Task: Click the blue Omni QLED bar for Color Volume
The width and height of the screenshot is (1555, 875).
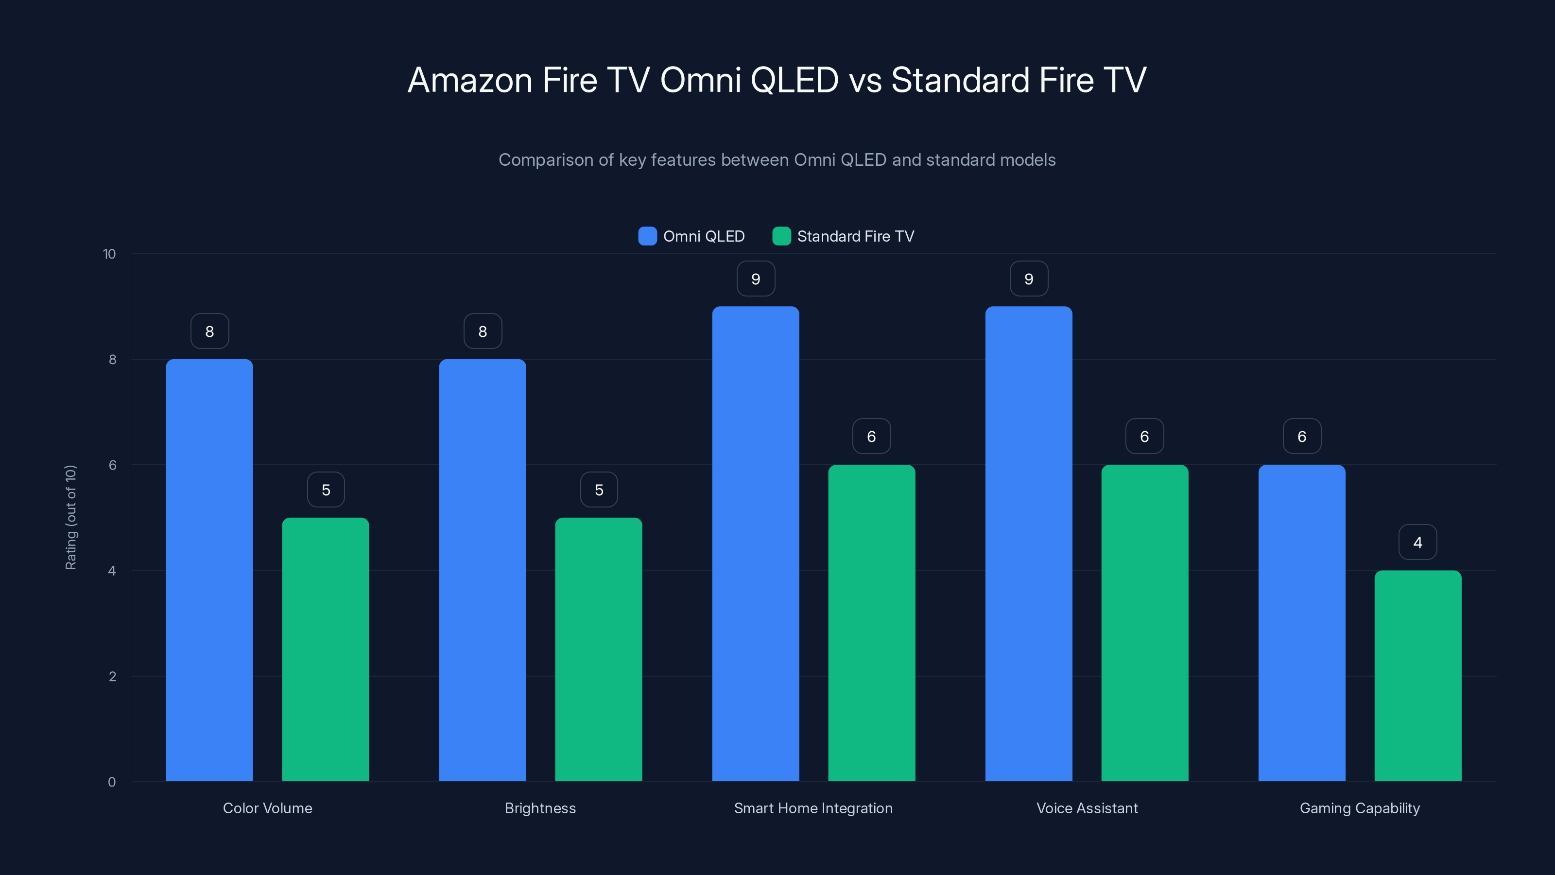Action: coord(209,570)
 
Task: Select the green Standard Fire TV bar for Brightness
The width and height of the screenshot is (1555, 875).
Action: coord(598,649)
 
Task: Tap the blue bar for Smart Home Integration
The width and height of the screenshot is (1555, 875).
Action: coord(755,543)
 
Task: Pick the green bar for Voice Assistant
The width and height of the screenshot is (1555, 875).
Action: coord(1144,623)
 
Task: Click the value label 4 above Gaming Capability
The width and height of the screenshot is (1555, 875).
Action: coord(1417,542)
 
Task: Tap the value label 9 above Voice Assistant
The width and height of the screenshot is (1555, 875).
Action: coord(1029,279)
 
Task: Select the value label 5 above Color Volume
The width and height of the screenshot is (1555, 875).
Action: coord(326,490)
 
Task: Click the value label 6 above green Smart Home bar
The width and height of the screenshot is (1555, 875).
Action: coord(871,437)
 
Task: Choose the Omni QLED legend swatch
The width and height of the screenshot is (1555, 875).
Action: coord(647,236)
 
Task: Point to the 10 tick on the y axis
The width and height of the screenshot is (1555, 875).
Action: coord(109,254)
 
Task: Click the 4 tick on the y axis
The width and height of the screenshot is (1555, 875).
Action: coord(112,571)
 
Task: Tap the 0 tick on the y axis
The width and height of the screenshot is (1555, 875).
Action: coord(112,782)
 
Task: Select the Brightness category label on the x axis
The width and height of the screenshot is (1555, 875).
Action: coord(540,808)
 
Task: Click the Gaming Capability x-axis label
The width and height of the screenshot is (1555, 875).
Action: coord(1360,808)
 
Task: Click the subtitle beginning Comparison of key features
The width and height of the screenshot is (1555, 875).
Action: coord(777,160)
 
